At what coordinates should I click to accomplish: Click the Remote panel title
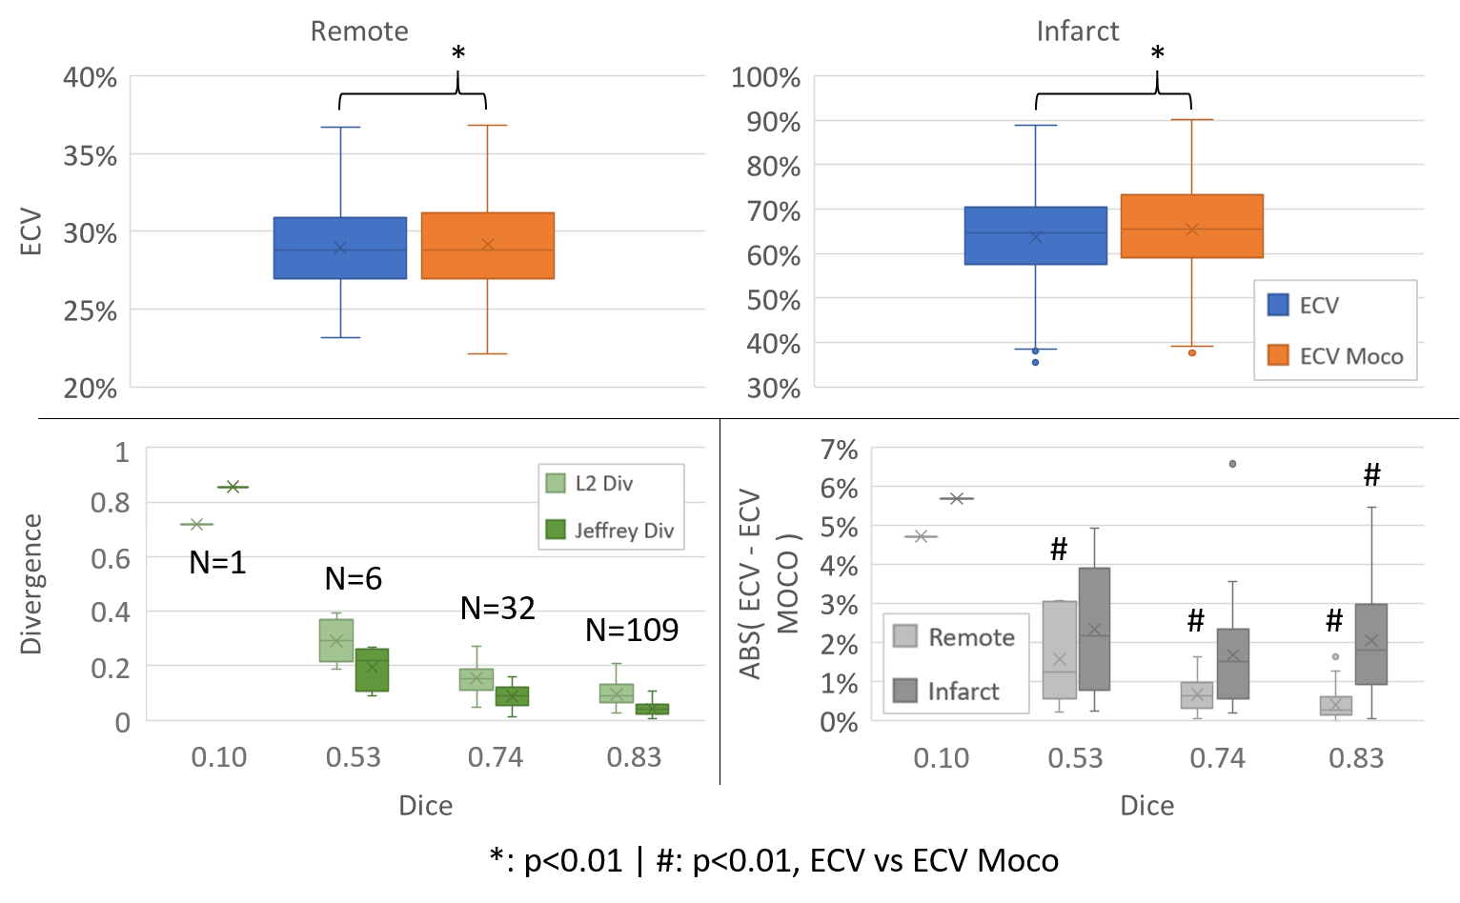click(x=359, y=31)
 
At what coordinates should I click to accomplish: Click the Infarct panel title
click(x=1078, y=31)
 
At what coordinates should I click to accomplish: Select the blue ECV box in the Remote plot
click(x=340, y=248)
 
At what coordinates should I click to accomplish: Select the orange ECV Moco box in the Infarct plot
click(x=1191, y=227)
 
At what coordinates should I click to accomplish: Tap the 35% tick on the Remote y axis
click(x=91, y=155)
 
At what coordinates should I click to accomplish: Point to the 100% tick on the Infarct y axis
click(x=765, y=77)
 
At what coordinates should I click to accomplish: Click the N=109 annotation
click(x=632, y=630)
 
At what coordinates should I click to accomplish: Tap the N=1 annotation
click(x=217, y=563)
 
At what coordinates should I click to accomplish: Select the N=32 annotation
click(x=497, y=608)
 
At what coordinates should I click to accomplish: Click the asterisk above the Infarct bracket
click(x=1157, y=54)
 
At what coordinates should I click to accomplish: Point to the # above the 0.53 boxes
click(x=1059, y=549)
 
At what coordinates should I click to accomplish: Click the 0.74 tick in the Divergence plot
click(x=496, y=757)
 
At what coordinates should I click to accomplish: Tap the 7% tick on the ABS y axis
click(x=839, y=450)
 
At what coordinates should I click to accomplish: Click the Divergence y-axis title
click(x=31, y=584)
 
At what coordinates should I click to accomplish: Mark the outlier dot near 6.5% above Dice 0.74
click(x=1232, y=464)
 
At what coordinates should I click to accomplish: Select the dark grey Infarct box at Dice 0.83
click(x=1370, y=644)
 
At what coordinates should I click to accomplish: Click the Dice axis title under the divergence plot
click(x=425, y=806)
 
